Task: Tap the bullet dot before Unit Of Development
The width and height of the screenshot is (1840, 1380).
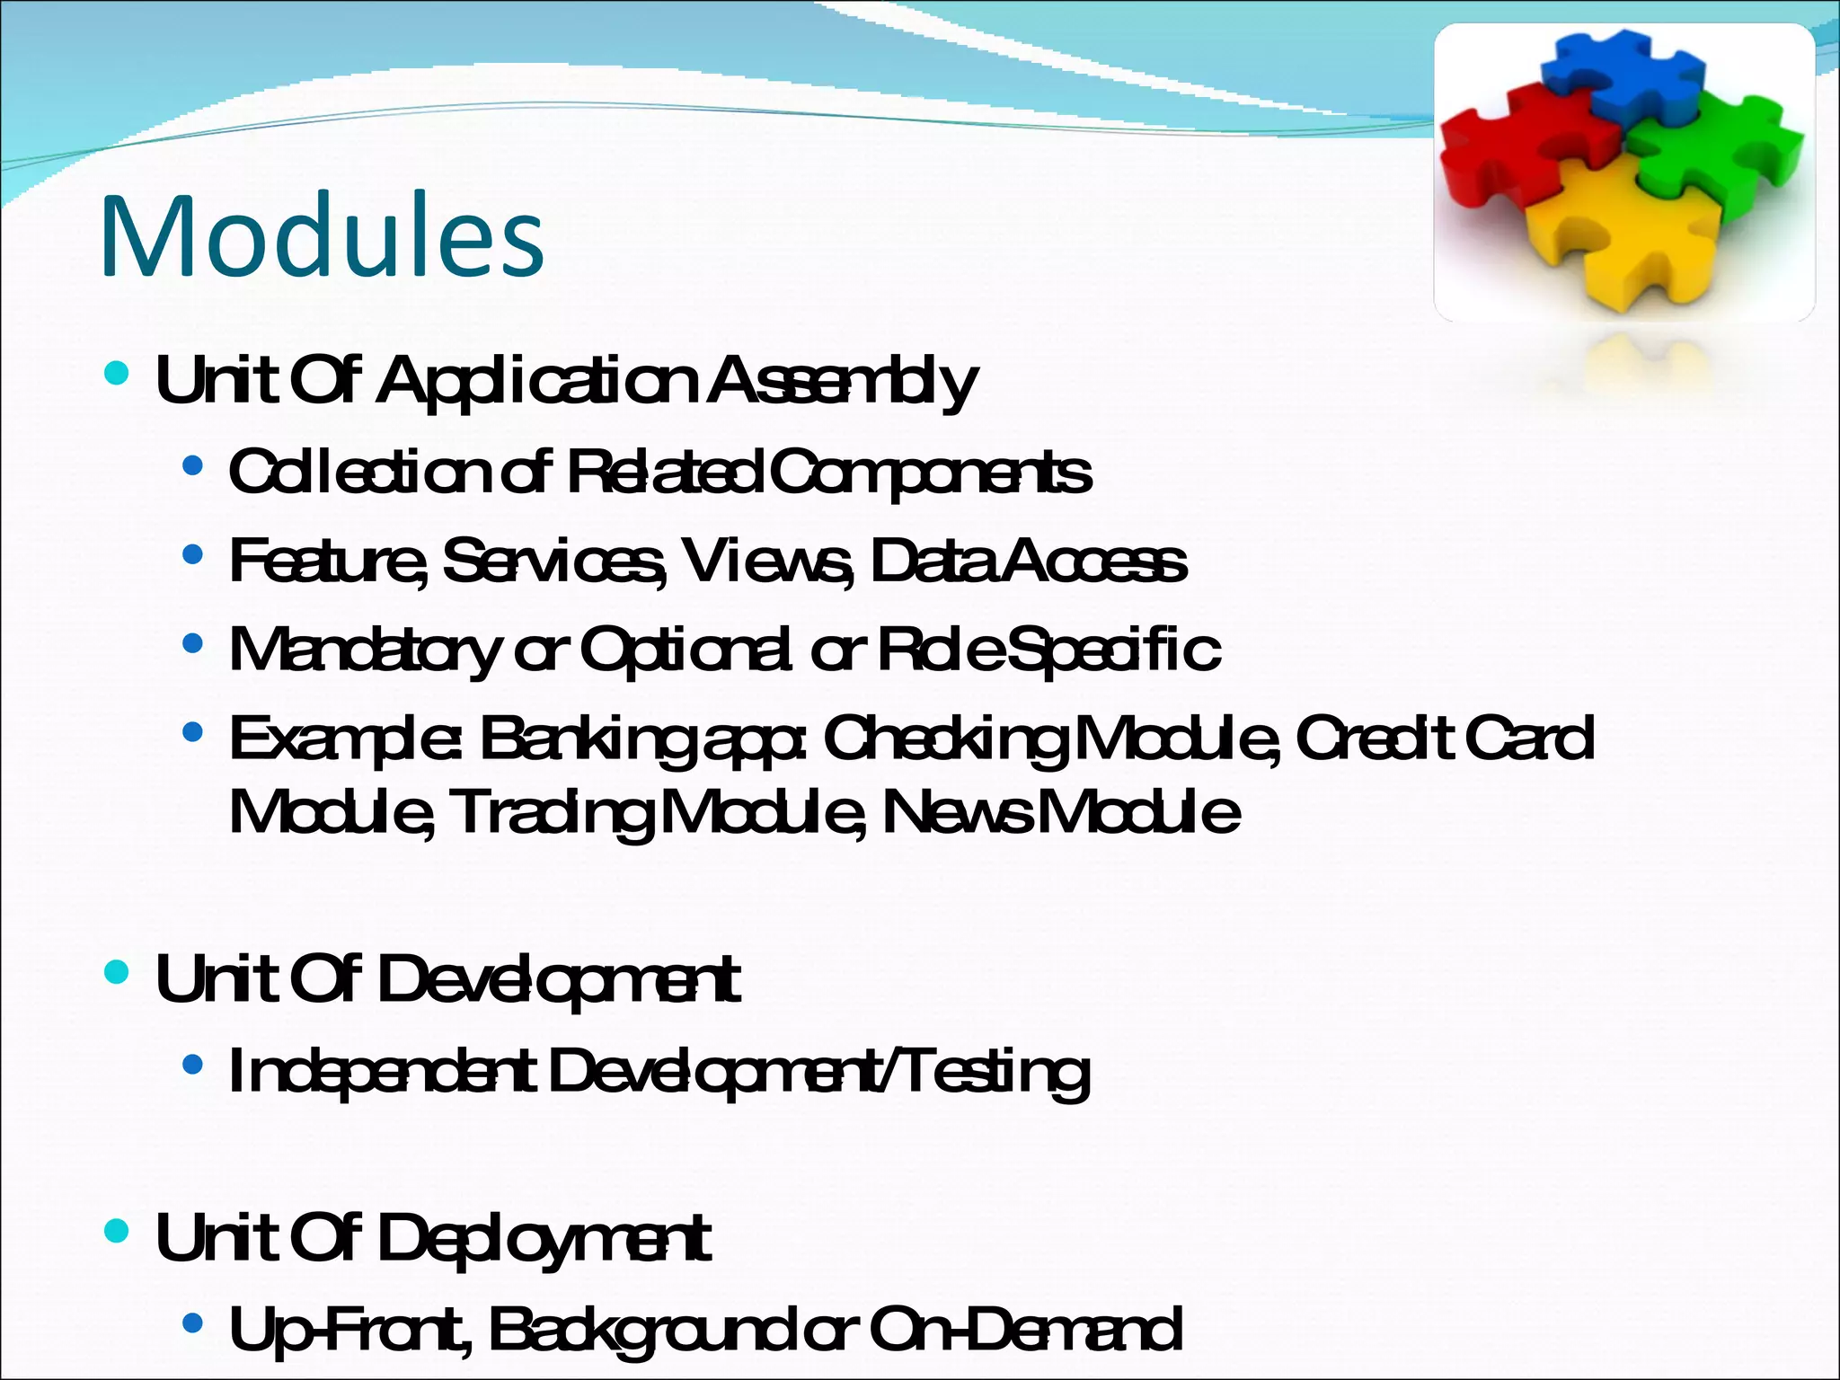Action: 117,972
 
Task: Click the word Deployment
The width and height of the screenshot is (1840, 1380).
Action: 544,1238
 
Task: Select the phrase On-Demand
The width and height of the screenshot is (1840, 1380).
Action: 1025,1330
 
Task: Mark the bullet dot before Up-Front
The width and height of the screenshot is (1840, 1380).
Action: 191,1323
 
